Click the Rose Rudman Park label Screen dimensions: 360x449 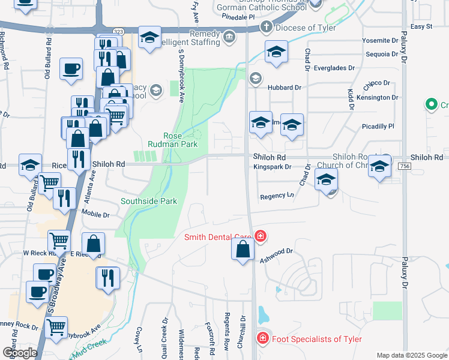pos(173,140)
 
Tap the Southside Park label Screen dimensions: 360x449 pos(149,201)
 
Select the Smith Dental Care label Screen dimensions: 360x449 pos(217,237)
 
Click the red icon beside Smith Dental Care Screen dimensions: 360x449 pos(260,236)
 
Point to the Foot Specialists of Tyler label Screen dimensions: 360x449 pos(317,339)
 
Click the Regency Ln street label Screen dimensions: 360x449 pos(277,196)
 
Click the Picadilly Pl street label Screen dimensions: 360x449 pos(378,127)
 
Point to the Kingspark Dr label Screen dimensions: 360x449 pos(272,167)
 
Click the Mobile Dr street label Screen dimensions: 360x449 pos(96,214)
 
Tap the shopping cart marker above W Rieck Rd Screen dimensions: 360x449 pos(59,241)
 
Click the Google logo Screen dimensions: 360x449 pos(20,353)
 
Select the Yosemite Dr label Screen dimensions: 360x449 pos(380,40)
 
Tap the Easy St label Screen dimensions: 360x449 pos(422,27)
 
